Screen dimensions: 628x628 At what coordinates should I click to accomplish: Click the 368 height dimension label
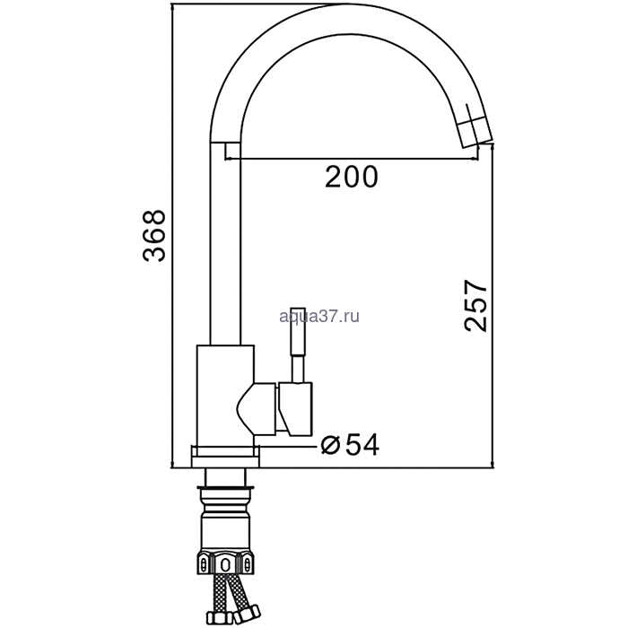click(x=154, y=236)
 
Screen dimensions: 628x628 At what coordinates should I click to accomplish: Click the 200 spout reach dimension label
click(x=352, y=177)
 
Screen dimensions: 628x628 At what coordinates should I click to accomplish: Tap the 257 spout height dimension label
click(x=475, y=306)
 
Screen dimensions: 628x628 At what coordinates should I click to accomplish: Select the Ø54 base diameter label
click(x=351, y=445)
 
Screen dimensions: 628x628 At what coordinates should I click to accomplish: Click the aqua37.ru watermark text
click(x=319, y=317)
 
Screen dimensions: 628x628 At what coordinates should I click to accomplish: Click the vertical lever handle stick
click(x=299, y=345)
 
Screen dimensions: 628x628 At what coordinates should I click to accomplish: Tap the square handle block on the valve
click(x=295, y=408)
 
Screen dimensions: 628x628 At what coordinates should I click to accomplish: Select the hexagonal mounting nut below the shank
click(x=225, y=564)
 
